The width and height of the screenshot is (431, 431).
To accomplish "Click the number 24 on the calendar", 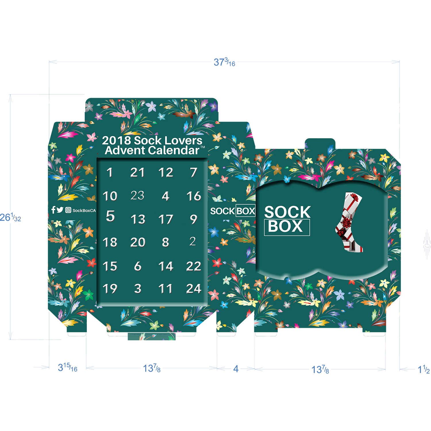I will coord(194,289).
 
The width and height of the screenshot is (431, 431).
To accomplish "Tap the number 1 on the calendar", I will coord(109,172).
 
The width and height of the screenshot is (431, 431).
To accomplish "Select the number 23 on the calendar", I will coord(137,196).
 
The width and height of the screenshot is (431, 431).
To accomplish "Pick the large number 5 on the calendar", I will coord(110,216).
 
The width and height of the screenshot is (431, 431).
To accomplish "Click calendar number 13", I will coord(138,220).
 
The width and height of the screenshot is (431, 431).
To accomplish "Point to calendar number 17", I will coord(166,220).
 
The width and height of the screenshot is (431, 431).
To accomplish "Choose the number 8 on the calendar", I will coord(166,242).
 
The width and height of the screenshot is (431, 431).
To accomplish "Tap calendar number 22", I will coord(194,266).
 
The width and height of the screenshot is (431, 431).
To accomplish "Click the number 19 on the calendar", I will coord(110,289).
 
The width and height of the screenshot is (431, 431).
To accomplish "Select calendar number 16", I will coord(194,196).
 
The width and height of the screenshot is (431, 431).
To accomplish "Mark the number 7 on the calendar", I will coord(194,172).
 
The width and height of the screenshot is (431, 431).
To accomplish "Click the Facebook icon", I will coord(53,210).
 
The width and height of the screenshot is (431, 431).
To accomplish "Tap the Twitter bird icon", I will coord(60,210).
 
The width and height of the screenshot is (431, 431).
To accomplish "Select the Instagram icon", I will coord(68,210).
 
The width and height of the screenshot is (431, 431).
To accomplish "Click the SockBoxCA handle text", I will coord(84,211).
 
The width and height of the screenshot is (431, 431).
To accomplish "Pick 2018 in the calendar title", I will coord(116,141).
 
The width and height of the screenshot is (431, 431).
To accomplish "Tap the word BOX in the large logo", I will coord(286,227).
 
